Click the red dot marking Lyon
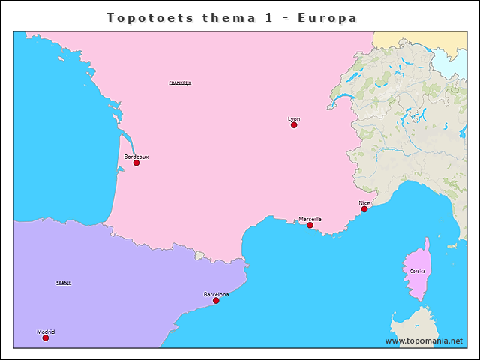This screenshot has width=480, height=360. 294,125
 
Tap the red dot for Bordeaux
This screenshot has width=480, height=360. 136,163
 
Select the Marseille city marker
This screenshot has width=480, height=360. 310,225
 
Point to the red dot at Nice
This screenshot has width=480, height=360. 364,209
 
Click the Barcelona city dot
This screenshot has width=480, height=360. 216,301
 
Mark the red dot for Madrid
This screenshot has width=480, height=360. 45,338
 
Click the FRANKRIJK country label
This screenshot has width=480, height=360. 180,82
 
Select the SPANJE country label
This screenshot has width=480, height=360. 64,283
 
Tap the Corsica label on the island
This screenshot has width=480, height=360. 418,270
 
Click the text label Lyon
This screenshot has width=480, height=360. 294,118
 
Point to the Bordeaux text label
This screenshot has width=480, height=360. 136,156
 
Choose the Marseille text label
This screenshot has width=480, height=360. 310,218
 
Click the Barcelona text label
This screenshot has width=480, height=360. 216,294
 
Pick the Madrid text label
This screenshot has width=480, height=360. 46,331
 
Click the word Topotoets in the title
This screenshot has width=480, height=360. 149,16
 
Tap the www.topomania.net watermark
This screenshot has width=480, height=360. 424,340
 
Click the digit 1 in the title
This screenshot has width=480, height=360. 268,16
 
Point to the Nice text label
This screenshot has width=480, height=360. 364,202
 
